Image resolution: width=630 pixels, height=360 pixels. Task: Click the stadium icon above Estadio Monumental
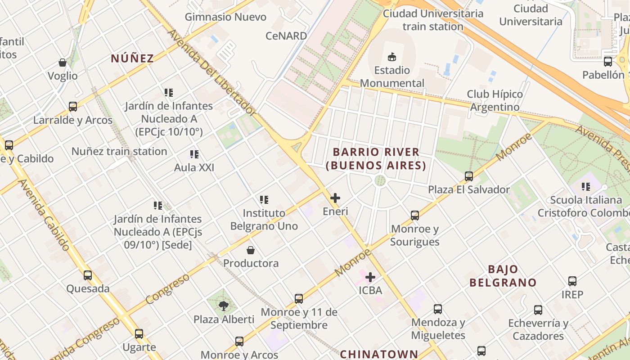pos(391,57)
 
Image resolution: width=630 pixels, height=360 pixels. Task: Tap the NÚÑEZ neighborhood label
pos(132,58)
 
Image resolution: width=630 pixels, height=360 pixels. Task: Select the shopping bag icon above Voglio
pos(63,63)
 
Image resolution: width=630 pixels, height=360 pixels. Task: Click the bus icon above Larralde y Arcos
pos(73,107)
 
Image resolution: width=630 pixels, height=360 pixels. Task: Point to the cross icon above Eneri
pos(335,198)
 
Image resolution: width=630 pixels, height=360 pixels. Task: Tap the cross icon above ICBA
pos(370,277)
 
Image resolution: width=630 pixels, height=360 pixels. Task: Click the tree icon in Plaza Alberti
pos(223,306)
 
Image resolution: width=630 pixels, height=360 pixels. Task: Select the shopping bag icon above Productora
pos(251,250)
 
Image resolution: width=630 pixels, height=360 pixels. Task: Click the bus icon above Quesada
pos(88,275)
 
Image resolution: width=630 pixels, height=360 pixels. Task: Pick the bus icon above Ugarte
pos(139,334)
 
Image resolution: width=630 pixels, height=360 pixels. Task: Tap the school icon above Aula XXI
pos(194,154)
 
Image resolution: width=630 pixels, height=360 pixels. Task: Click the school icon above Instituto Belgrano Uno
pos(264,199)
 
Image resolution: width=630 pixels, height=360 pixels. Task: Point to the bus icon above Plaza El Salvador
pos(469,176)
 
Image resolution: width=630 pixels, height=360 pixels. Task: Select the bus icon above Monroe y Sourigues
pos(415,216)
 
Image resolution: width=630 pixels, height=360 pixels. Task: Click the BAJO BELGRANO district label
pos(503,276)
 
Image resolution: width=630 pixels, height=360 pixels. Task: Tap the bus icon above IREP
pos(572,281)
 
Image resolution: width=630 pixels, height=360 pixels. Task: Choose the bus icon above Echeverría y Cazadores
pos(538,310)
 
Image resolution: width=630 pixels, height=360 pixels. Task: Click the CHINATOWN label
pos(379,354)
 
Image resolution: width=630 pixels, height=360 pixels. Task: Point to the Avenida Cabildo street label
pos(44,215)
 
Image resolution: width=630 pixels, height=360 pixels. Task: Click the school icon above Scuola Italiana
pos(585,186)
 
